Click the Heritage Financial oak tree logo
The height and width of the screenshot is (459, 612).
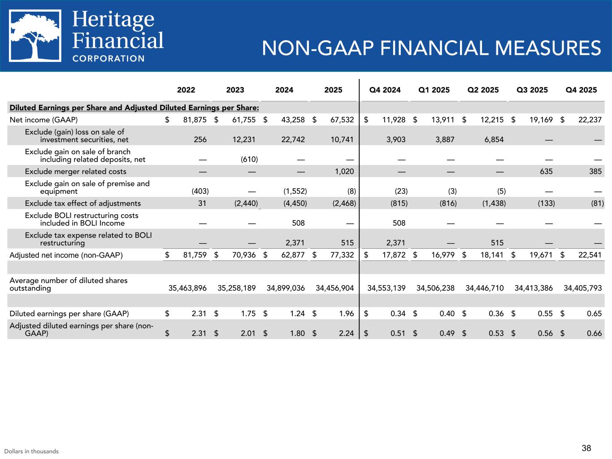[x=35, y=36]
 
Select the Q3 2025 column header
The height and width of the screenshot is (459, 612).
[x=532, y=90]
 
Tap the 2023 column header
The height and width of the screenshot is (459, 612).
[x=235, y=90]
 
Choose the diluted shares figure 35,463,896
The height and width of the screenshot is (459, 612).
[x=187, y=288]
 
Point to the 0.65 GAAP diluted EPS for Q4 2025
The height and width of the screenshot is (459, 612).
[x=594, y=313]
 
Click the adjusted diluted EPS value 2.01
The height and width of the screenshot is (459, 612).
[x=247, y=333]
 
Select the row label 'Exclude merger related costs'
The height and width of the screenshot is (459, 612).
[x=76, y=171]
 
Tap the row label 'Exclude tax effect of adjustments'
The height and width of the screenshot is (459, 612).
[x=83, y=203]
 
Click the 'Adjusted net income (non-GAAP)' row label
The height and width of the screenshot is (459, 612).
[x=66, y=255]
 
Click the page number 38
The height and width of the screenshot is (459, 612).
[x=586, y=448]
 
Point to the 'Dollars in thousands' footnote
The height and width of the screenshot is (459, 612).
[x=31, y=451]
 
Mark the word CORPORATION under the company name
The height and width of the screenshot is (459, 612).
[x=109, y=58]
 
